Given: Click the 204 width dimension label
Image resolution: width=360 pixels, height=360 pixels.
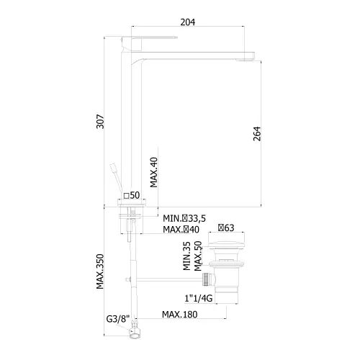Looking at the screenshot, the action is [188, 22].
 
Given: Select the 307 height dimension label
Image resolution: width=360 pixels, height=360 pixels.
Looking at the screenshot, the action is [100, 122].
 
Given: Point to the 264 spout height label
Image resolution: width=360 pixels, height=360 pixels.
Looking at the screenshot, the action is [257, 134].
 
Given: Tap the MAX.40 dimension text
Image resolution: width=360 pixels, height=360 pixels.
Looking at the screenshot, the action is [154, 172].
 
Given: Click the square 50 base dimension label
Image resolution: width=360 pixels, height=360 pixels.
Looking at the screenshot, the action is [132, 195].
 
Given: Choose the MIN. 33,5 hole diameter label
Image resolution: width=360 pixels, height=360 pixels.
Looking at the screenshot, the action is [184, 218].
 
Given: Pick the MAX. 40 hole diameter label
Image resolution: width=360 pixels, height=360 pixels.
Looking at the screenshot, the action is [181, 230].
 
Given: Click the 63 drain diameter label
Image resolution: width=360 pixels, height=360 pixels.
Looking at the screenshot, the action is [226, 228].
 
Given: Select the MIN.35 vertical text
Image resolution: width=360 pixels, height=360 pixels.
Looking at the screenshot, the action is [186, 256].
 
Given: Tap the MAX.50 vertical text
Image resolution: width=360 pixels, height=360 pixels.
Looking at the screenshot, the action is [198, 256].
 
